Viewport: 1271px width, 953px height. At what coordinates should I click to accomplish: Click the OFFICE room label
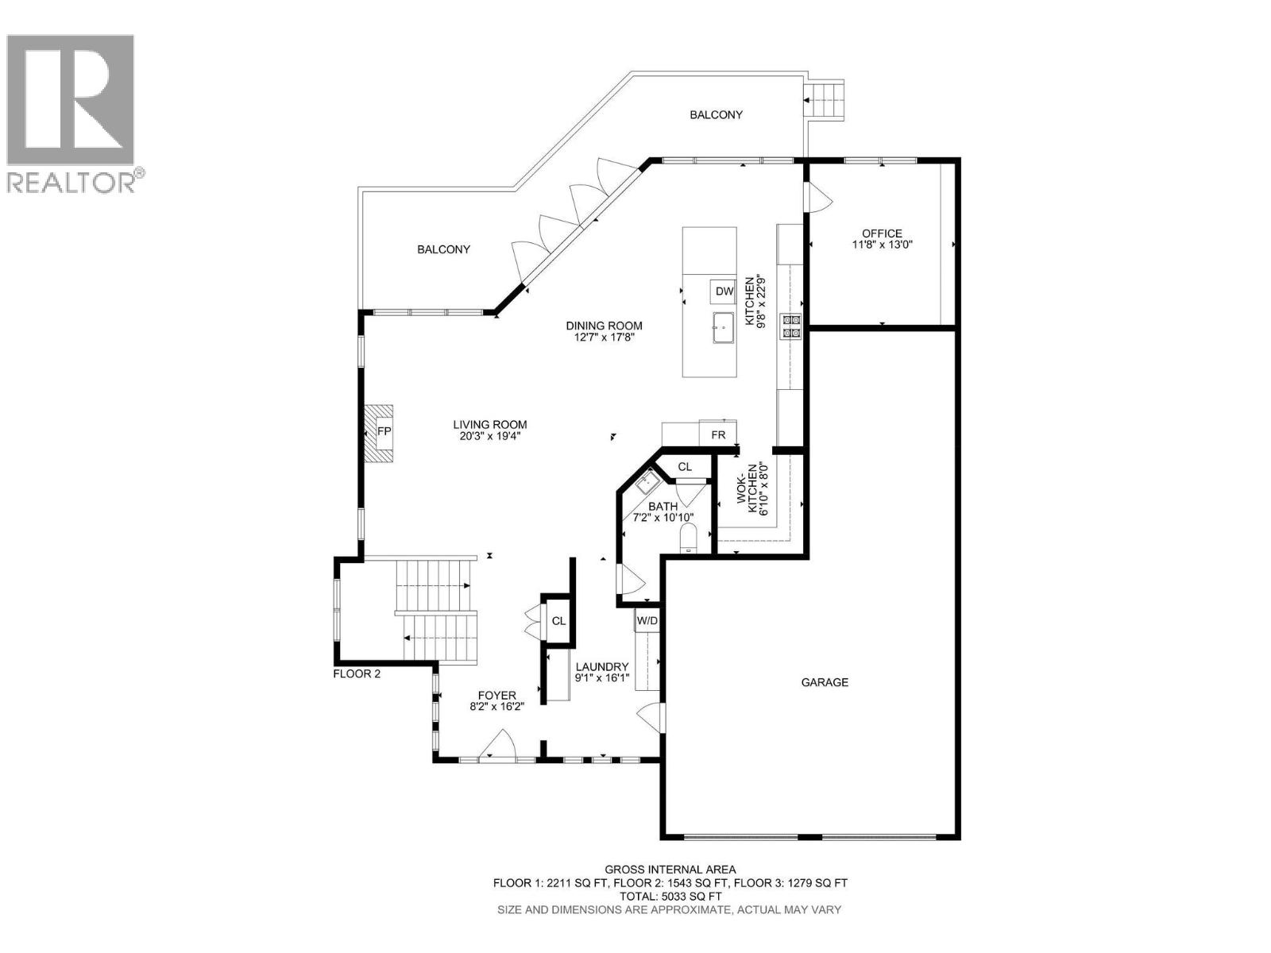882,233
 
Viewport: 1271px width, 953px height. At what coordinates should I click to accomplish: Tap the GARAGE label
825,682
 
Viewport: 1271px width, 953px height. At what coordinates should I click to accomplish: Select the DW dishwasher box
724,291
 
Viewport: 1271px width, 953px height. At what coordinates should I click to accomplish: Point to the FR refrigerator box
718,435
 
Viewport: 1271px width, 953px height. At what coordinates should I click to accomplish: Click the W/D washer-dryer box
647,620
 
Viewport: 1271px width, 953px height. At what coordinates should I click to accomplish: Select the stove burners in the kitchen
792,326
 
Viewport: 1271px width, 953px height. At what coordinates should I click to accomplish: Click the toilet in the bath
687,538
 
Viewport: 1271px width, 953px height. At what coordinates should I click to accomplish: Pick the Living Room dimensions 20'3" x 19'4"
490,436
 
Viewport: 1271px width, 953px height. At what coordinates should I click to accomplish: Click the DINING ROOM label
604,326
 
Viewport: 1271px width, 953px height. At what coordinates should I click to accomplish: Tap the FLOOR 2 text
357,674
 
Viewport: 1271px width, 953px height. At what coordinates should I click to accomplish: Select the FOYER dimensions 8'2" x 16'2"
497,706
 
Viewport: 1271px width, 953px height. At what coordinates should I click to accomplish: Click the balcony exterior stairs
824,100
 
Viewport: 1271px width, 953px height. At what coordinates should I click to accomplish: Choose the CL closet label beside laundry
558,621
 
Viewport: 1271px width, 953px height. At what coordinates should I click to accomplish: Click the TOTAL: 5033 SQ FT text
670,896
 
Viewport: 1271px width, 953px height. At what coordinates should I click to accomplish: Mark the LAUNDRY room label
602,667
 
